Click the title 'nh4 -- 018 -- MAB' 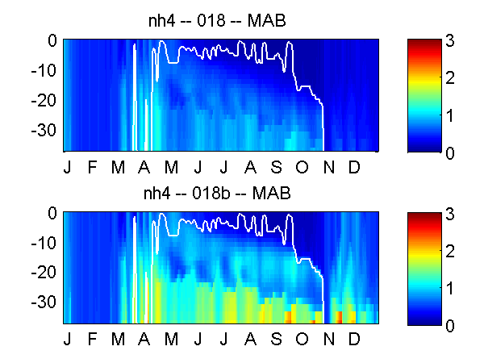(x=217, y=21)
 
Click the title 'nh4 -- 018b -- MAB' (x=217, y=194)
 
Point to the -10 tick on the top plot (x=44, y=71)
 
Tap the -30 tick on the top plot (x=44, y=130)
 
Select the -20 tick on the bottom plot (x=44, y=273)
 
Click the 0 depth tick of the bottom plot (x=52, y=213)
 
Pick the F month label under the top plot (x=92, y=167)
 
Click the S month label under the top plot (x=276, y=167)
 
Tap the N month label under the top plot (x=329, y=167)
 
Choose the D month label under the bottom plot (x=354, y=339)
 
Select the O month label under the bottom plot (x=302, y=339)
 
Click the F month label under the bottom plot (x=92, y=339)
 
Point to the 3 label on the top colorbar (x=450, y=40)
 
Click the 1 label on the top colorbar (x=450, y=116)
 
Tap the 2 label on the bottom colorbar (x=450, y=251)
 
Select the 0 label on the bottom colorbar (x=450, y=326)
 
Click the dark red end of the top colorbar (x=424, y=42)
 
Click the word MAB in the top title (x=267, y=21)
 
